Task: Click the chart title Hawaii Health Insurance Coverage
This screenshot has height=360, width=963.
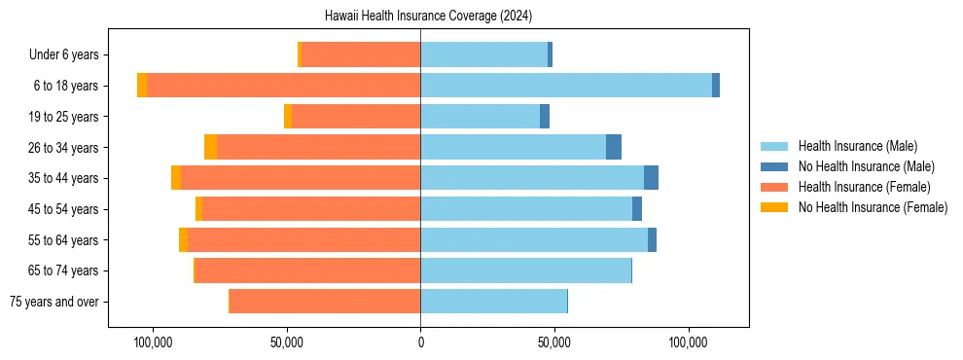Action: click(428, 17)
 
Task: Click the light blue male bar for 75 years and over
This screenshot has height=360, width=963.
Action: click(493, 302)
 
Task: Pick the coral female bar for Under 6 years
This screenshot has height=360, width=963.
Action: click(361, 54)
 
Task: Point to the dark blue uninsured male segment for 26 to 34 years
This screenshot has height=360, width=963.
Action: click(614, 147)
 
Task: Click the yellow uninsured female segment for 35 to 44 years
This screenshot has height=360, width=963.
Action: click(176, 178)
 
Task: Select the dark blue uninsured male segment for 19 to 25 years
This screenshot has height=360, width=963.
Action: click(545, 117)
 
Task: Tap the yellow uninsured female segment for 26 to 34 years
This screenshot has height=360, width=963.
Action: click(210, 147)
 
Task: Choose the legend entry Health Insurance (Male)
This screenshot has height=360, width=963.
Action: click(857, 146)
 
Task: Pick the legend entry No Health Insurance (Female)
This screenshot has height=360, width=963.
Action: click(873, 207)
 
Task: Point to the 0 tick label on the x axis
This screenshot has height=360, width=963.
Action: click(420, 342)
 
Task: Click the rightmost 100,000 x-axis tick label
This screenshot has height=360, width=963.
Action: click(689, 342)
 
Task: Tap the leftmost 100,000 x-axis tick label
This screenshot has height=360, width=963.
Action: click(153, 342)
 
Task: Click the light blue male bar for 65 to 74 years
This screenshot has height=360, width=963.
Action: click(525, 270)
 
